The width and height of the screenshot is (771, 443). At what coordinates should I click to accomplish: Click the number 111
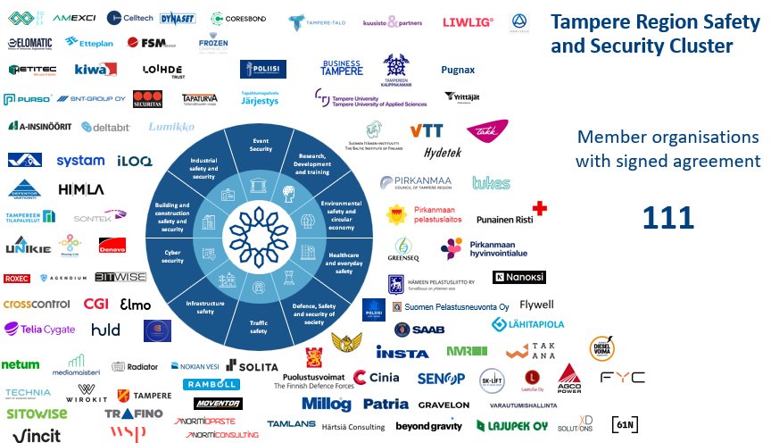pyautogui.click(x=668, y=217)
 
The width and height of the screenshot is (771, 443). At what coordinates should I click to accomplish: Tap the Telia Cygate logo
pyautogui.click(x=40, y=329)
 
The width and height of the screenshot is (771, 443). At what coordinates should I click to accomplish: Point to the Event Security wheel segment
pyautogui.click(x=261, y=145)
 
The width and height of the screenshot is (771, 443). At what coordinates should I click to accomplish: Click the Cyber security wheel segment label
pyautogui.click(x=173, y=256)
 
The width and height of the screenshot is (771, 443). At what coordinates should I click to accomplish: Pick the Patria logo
pyautogui.click(x=385, y=405)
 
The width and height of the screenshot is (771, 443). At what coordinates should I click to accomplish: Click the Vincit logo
pyautogui.click(x=30, y=435)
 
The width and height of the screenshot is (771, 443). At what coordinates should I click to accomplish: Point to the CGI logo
pyautogui.click(x=95, y=304)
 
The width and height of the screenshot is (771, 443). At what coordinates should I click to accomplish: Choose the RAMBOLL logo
pyautogui.click(x=211, y=384)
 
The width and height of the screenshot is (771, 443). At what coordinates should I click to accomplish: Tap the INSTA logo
pyautogui.click(x=402, y=352)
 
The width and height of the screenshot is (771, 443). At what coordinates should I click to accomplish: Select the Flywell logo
pyautogui.click(x=536, y=305)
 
